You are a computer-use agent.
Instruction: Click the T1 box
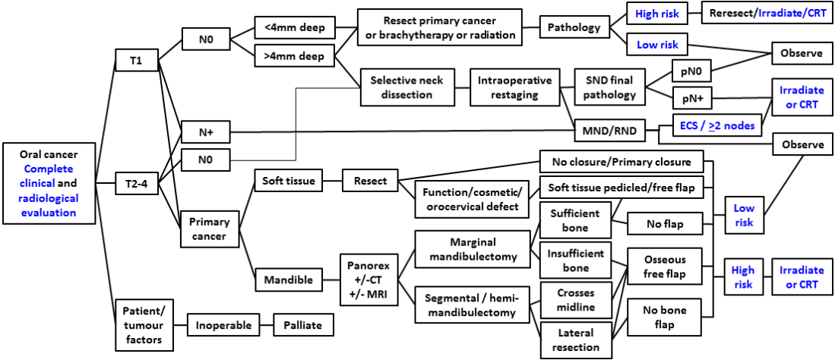coord(136,62)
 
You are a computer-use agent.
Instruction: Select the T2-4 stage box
coord(137,182)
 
